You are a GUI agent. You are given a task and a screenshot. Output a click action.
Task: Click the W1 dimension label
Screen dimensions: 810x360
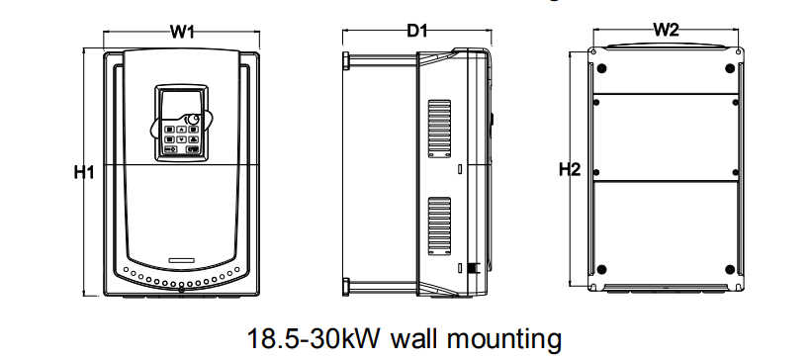pyautogui.click(x=182, y=32)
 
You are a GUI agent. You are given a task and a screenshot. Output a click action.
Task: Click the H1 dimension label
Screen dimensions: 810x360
pyautogui.click(x=84, y=172)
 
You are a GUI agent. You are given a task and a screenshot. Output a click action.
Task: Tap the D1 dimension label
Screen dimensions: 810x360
pyautogui.click(x=417, y=31)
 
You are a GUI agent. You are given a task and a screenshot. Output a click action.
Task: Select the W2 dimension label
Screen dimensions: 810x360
pyautogui.click(x=666, y=30)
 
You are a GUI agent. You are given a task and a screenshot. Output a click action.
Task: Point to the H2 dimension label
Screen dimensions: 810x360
pyautogui.click(x=570, y=169)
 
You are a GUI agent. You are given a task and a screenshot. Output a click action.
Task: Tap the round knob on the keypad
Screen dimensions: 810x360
pyautogui.click(x=193, y=120)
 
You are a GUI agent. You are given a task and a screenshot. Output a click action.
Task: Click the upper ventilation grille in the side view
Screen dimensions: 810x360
pyautogui.click(x=439, y=129)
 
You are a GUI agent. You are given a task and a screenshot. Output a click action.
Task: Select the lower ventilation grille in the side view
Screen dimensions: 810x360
pyautogui.click(x=439, y=226)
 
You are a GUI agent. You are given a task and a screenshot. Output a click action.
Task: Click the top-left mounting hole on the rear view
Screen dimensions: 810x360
pyautogui.click(x=601, y=68)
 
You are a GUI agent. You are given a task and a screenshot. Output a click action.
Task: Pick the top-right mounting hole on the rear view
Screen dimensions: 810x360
pyautogui.click(x=730, y=68)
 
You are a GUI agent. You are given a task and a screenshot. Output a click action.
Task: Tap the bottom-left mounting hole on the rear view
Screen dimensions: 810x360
pyautogui.click(x=601, y=269)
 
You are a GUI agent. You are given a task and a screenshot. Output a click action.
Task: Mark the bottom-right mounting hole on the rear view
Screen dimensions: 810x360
pyautogui.click(x=730, y=269)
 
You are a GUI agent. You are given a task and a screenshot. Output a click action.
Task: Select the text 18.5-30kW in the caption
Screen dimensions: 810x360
pyautogui.click(x=314, y=339)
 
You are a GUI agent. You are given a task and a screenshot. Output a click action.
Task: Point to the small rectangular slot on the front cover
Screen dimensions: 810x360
pyautogui.click(x=181, y=259)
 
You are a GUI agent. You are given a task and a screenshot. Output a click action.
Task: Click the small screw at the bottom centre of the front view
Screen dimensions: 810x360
pyautogui.click(x=181, y=291)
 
